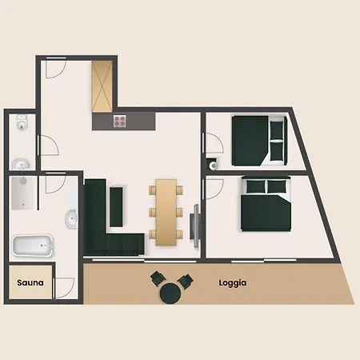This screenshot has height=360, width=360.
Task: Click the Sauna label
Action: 30,282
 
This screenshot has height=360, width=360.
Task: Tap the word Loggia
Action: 233,283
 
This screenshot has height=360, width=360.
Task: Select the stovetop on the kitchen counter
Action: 119,121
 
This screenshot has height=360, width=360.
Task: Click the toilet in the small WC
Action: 21,122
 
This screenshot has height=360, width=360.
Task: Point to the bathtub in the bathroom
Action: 33,246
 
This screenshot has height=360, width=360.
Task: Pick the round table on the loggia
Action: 170,293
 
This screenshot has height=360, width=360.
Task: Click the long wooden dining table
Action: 166,212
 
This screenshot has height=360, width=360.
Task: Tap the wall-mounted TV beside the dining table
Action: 195,226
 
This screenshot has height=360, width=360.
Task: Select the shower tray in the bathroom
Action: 24,193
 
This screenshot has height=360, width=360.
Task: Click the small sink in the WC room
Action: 21,164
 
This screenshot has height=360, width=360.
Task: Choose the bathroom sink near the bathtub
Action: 71,218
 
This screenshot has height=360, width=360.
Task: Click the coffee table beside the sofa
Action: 116,207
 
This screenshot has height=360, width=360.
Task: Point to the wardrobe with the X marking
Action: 102,86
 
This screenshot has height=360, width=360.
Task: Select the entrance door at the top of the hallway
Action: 56,67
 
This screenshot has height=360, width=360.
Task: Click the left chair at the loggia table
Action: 158,278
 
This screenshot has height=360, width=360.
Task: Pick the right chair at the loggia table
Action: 186,281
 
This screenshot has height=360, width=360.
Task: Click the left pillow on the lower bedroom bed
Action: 256,186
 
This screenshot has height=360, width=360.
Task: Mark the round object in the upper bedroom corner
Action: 213,166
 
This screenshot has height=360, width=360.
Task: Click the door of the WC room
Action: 48,145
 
